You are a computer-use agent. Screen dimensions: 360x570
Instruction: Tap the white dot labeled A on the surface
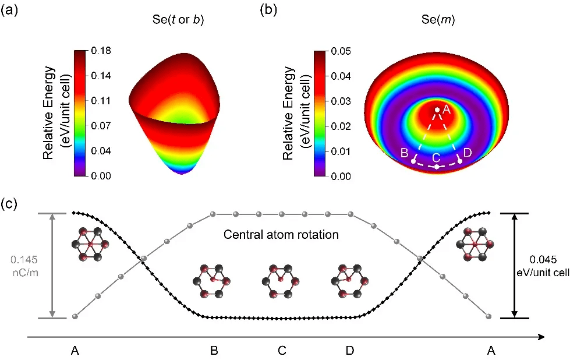[x=437, y=110]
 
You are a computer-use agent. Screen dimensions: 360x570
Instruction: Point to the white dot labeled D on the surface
[x=459, y=160]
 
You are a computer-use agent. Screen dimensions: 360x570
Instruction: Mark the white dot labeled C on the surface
[x=437, y=167]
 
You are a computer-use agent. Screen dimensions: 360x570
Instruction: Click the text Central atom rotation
[x=281, y=236]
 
